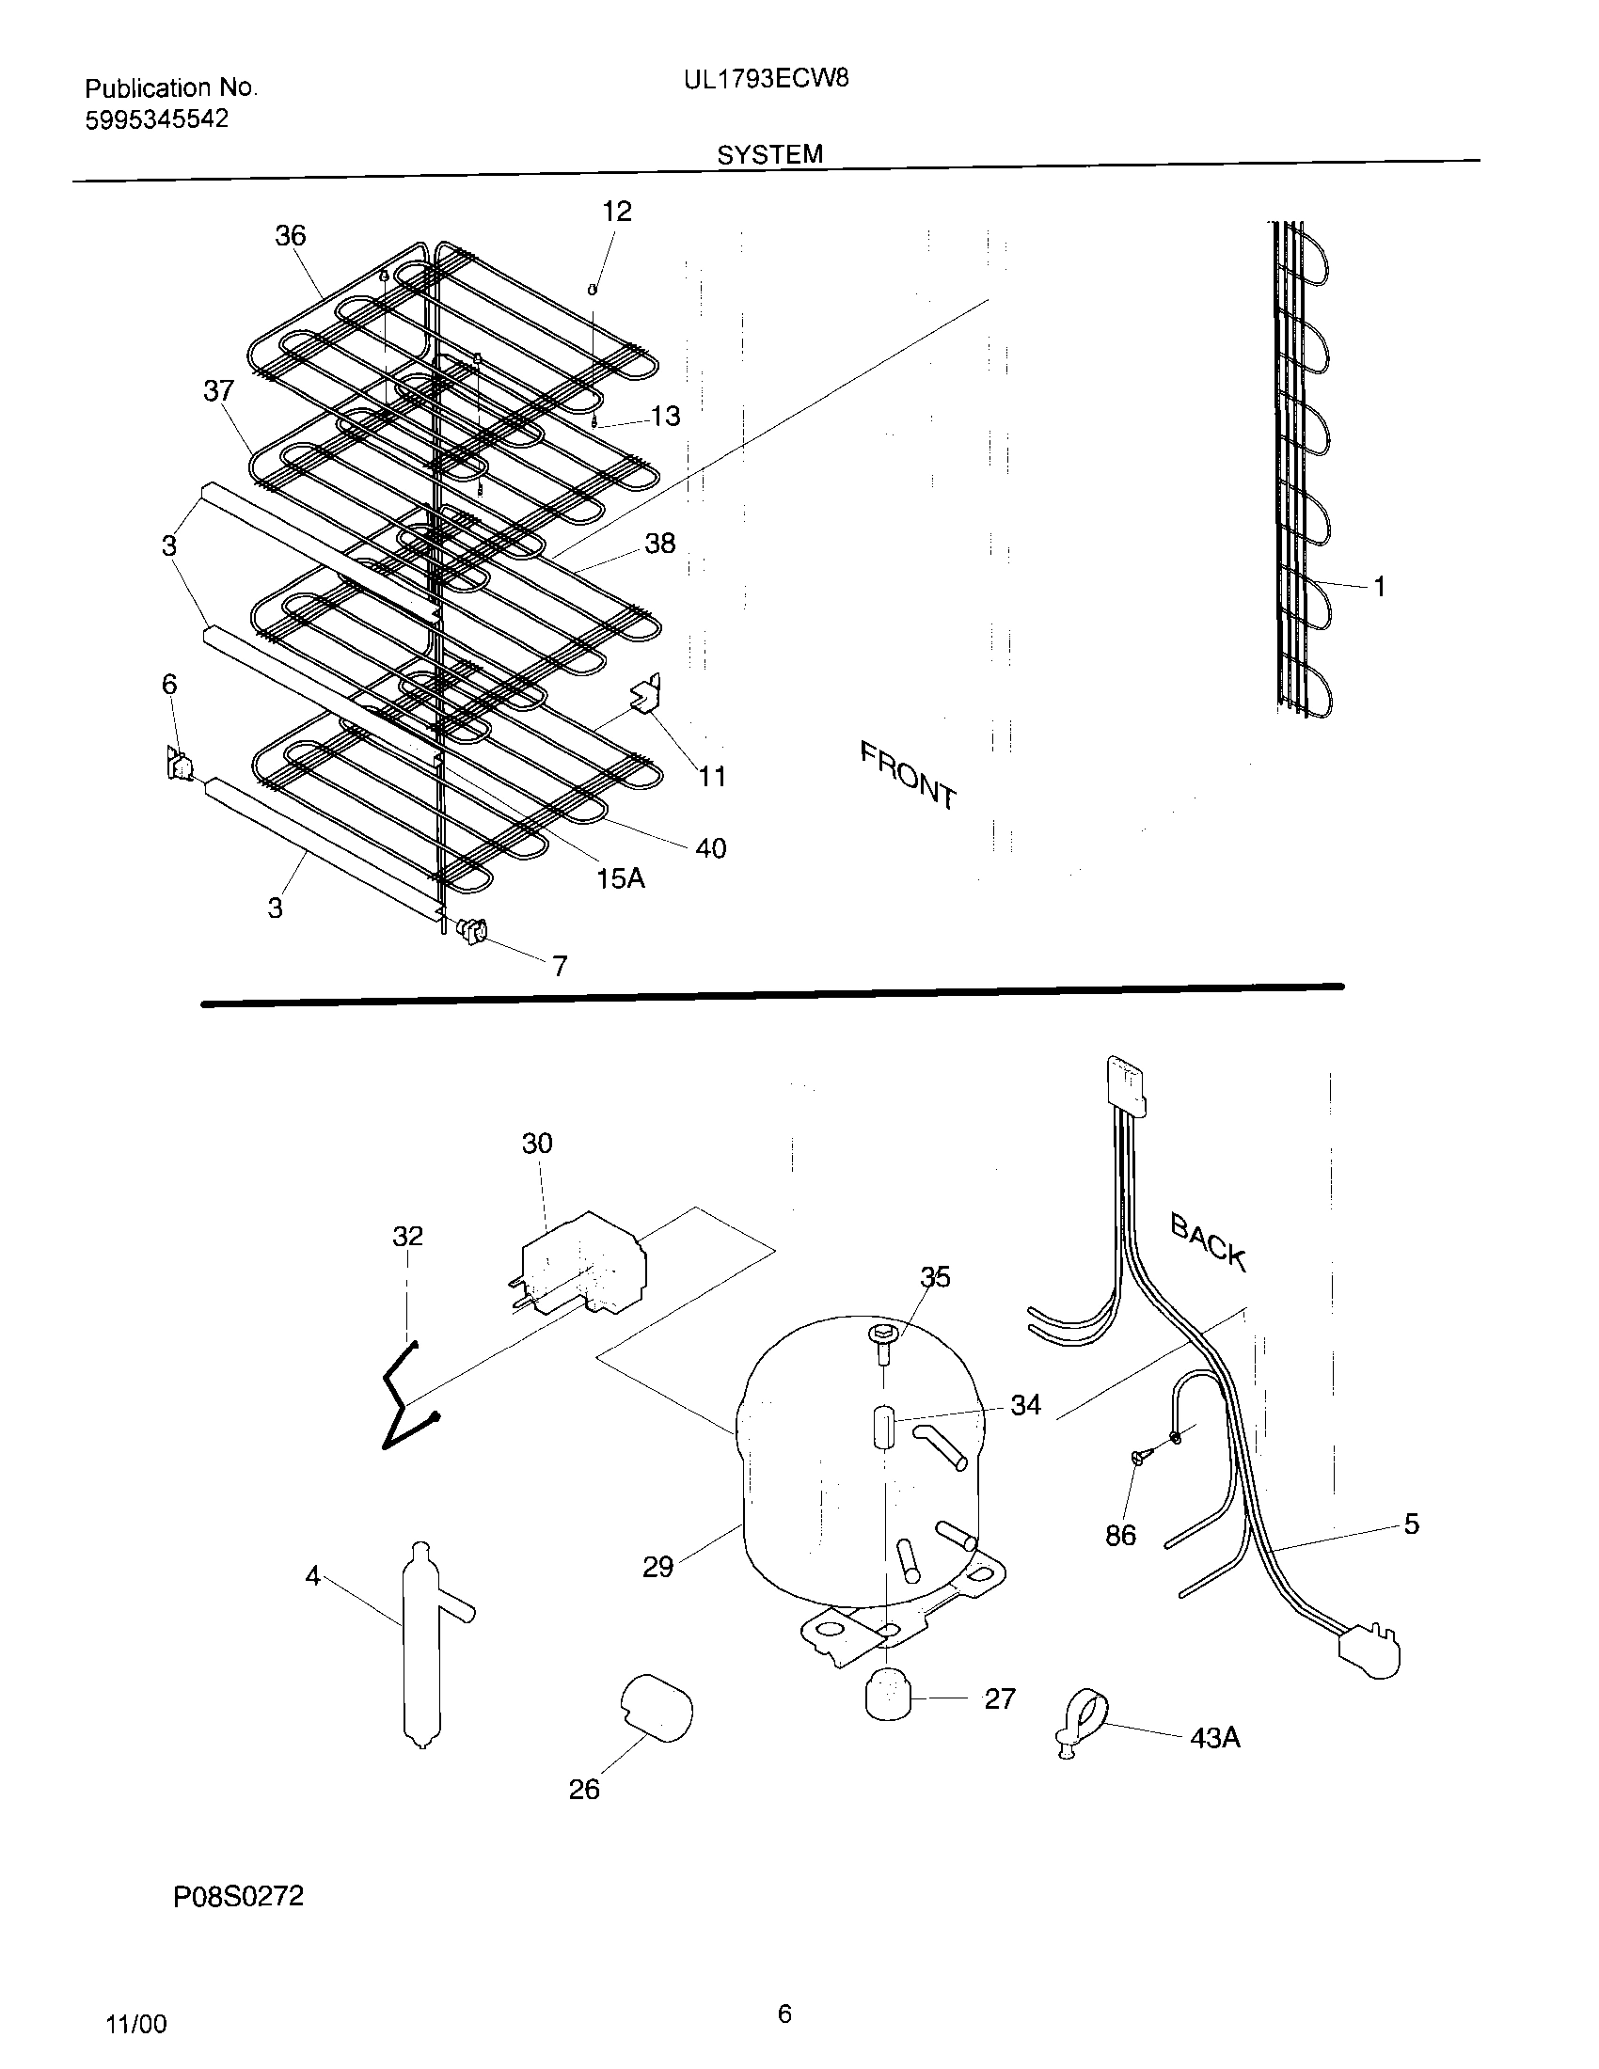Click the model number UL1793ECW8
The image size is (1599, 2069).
pyautogui.click(x=766, y=80)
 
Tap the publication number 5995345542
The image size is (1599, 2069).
pyautogui.click(x=156, y=120)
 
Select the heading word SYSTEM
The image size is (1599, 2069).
pyautogui.click(x=769, y=154)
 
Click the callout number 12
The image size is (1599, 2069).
pyautogui.click(x=616, y=212)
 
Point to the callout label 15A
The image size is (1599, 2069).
pyautogui.click(x=621, y=879)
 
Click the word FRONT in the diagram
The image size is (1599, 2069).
pyautogui.click(x=908, y=776)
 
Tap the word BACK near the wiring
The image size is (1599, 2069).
pyautogui.click(x=1208, y=1242)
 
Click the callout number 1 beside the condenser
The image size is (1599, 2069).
pyautogui.click(x=1379, y=588)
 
